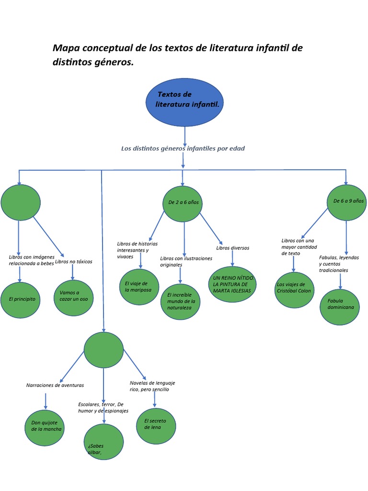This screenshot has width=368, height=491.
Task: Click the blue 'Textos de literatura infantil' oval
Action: (x=184, y=100)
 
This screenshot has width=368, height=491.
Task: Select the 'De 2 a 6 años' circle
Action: (x=183, y=204)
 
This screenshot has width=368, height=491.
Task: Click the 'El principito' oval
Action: (x=20, y=300)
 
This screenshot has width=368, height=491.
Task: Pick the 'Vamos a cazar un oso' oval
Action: (x=73, y=298)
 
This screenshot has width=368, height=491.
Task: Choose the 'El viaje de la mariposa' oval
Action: (x=139, y=287)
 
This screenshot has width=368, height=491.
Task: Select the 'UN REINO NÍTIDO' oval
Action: (x=232, y=284)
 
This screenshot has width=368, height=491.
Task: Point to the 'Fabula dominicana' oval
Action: (x=340, y=307)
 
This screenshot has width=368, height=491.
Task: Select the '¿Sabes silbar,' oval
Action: (x=103, y=442)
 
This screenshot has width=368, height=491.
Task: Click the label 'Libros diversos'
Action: (x=232, y=248)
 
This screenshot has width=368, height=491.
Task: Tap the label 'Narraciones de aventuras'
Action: (x=55, y=385)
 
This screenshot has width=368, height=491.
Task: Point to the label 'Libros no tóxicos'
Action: (x=74, y=262)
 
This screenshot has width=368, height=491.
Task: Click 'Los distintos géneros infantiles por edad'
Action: (x=183, y=149)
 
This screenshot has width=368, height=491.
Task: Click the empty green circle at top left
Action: (x=21, y=203)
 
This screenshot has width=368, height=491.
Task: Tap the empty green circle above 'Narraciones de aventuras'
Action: (x=103, y=350)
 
